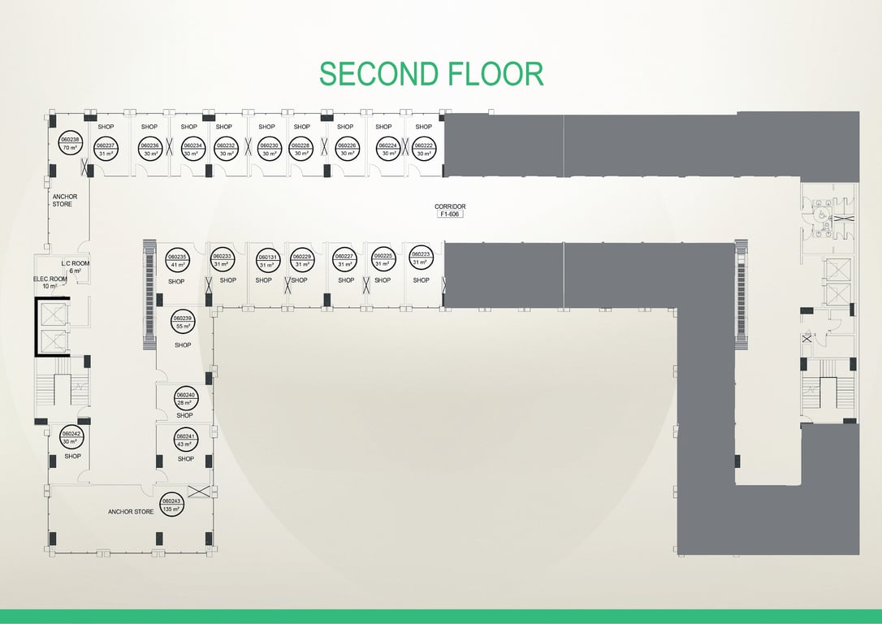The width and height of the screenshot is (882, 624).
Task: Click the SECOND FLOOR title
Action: pos(430,74)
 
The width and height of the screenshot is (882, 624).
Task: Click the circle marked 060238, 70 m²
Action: pos(71,143)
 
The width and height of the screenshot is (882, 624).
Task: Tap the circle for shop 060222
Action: pos(424,149)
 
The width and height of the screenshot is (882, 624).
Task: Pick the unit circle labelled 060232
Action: pos(226,149)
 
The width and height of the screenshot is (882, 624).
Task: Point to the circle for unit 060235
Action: pos(178,260)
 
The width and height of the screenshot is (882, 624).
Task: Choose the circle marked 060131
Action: pos(268,260)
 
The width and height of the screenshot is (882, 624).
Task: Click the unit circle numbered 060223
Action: pos(420,258)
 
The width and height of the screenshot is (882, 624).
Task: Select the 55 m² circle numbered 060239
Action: pos(183,322)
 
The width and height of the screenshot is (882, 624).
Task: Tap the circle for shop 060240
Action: pos(185,398)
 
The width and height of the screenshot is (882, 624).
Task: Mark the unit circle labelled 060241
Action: pos(185,440)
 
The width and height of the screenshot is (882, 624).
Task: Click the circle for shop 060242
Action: pos(71,438)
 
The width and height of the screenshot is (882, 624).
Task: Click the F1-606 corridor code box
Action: pos(450,215)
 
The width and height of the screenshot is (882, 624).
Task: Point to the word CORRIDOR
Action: pos(450,206)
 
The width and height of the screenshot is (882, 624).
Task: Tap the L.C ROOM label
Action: pos(75,265)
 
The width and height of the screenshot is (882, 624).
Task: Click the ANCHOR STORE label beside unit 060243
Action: pos(131,512)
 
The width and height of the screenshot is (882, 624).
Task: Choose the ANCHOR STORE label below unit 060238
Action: pos(64,200)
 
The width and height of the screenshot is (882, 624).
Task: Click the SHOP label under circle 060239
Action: pos(183,345)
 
